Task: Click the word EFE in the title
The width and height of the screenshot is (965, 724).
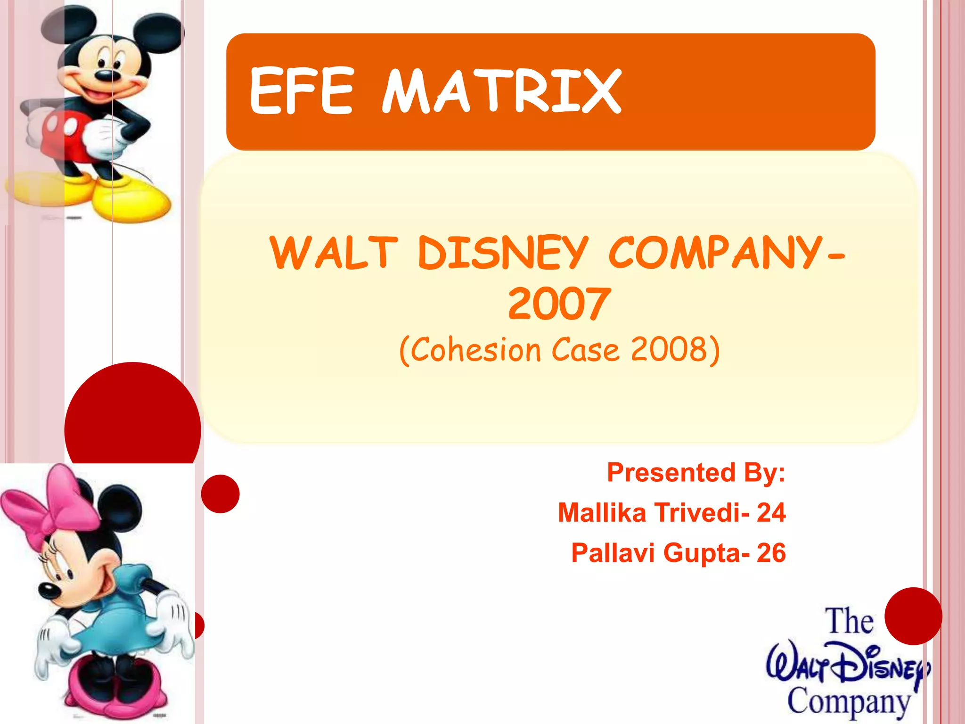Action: pyautogui.click(x=301, y=91)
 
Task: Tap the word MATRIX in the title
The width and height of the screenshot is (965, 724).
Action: pyautogui.click(x=501, y=91)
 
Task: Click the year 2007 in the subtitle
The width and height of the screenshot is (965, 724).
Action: pyautogui.click(x=559, y=304)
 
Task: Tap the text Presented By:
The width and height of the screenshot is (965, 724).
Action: pyautogui.click(x=696, y=472)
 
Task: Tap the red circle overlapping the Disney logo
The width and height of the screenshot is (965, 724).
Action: pyautogui.click(x=913, y=616)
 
